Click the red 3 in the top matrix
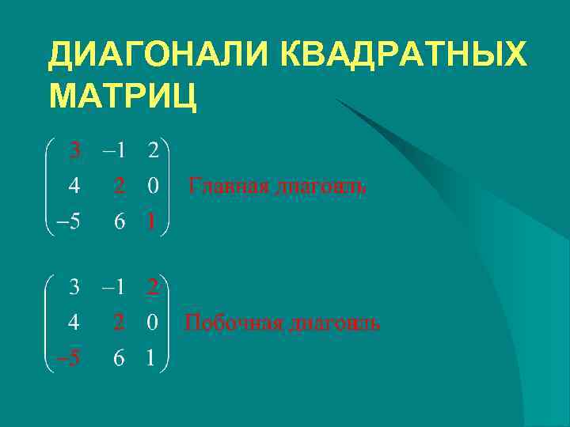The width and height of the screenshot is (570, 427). point(74,149)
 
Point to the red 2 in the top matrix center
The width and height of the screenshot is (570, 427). point(119,186)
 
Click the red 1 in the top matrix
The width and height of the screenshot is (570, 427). point(150,222)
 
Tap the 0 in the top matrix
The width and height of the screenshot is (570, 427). point(152,186)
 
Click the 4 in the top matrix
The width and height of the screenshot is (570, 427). point(74,186)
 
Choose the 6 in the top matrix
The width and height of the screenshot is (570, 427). point(119,222)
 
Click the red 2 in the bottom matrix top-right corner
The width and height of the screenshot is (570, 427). point(153,286)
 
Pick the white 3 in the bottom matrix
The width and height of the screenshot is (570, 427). point(74,286)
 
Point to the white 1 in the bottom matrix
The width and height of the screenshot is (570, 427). point(150,359)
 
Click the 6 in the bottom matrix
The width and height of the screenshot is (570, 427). point(119,359)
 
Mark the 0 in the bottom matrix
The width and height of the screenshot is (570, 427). point(152,323)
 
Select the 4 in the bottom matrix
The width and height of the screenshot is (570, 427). point(74,323)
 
